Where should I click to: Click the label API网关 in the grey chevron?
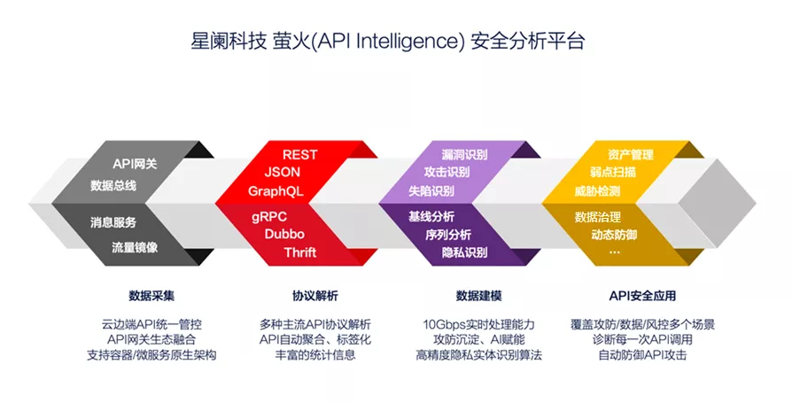(135, 164)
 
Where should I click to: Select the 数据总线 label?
(113, 186)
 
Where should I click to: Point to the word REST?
(299, 155)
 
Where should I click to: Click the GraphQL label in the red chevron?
(276, 191)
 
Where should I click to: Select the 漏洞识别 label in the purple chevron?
(464, 155)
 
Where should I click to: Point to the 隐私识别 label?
(464, 252)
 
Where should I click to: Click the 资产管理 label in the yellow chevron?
(631, 155)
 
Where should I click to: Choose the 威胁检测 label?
(597, 191)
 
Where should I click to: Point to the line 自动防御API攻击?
(642, 355)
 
